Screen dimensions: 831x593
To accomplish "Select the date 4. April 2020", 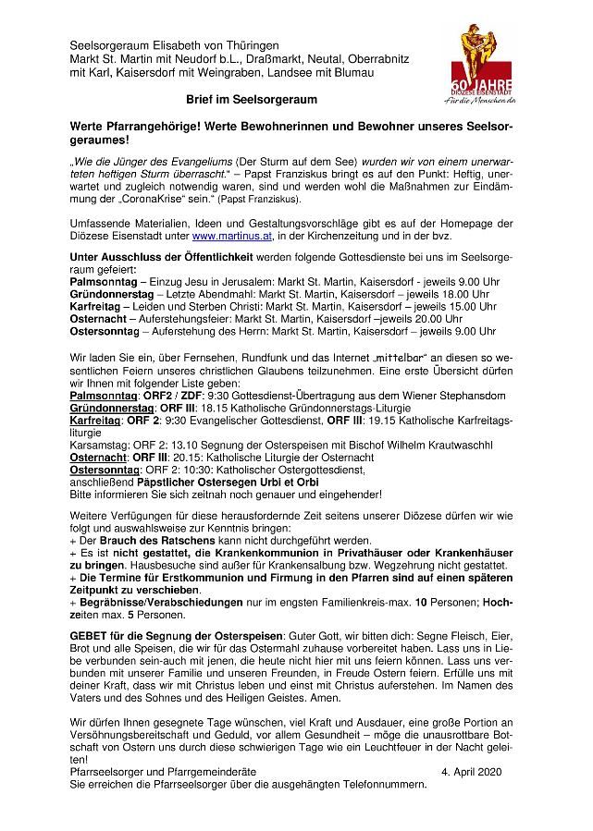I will point(473,769).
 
